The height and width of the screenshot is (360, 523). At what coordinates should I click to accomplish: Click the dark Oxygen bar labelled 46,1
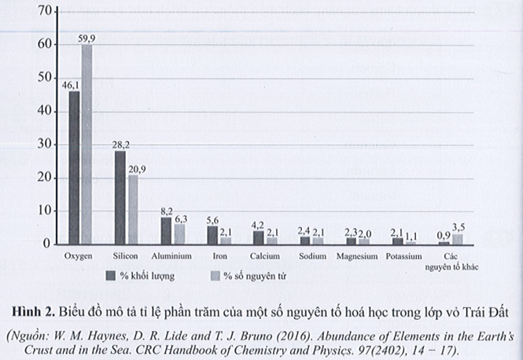point(74,168)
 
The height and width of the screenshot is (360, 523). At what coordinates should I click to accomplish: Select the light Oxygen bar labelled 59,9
point(87,145)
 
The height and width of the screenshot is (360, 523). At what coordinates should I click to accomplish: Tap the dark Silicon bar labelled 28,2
point(120,197)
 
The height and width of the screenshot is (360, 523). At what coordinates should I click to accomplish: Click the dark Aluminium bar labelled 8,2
point(166,231)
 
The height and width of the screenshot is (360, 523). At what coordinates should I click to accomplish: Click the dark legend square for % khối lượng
point(112,276)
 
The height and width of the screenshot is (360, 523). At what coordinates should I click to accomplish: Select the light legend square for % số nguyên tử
point(215,276)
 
